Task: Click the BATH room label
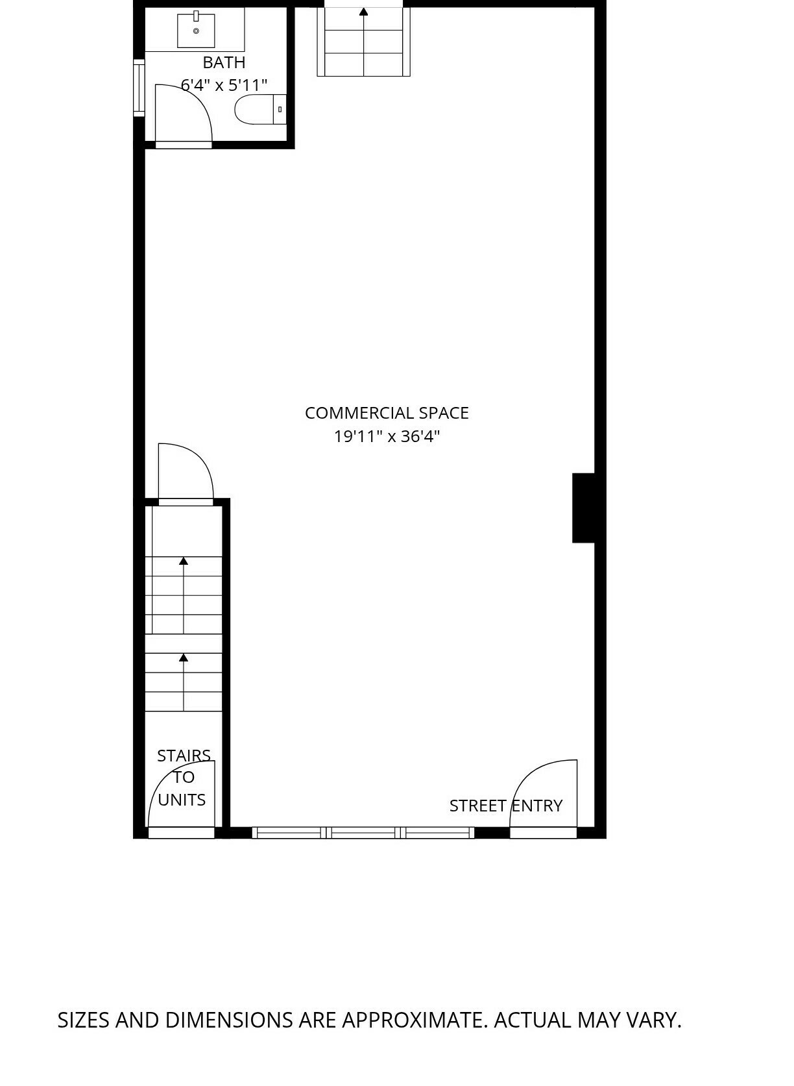pos(224,62)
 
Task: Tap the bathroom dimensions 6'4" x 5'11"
pos(224,85)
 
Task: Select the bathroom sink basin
pos(196,31)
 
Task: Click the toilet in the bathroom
pos(261,110)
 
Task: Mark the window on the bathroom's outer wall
pos(139,88)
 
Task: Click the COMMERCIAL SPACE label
pos(387,413)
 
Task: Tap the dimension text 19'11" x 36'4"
pos(387,436)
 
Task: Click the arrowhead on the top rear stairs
pos(363,11)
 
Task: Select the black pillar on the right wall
pos(583,508)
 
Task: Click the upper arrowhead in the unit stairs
pos(183,561)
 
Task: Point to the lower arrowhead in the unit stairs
pos(183,658)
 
